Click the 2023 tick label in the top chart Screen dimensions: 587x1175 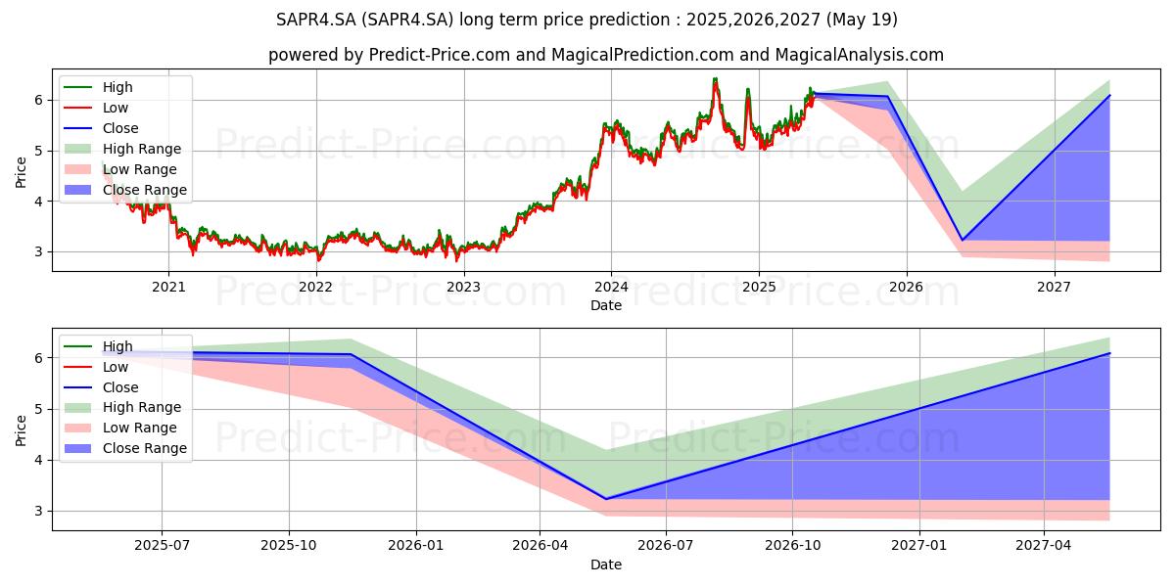[463, 287]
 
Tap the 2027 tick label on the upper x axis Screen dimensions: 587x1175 [1054, 287]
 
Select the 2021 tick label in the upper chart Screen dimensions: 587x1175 [168, 287]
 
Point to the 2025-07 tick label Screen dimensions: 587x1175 [163, 546]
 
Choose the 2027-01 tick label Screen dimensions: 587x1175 [919, 546]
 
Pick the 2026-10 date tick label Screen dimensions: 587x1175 [793, 546]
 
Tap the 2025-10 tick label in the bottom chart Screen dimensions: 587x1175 [289, 546]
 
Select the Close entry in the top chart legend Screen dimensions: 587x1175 [120, 128]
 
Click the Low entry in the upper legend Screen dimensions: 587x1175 [117, 108]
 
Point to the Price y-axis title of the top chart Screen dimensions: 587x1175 [22, 172]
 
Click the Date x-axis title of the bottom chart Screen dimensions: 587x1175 [606, 564]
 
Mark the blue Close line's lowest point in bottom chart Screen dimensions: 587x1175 [604, 499]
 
